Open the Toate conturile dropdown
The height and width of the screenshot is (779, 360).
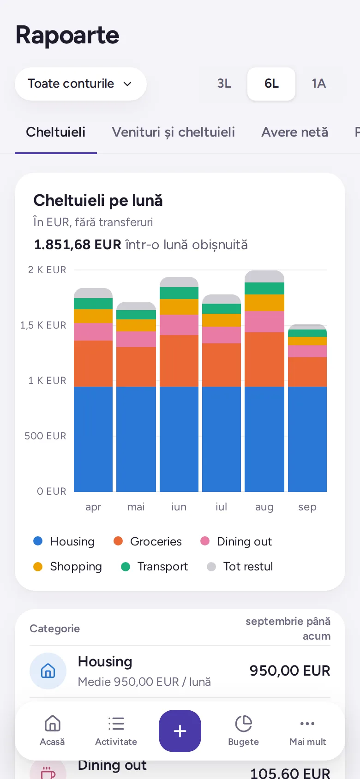(x=80, y=84)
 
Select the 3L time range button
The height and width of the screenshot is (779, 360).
(x=224, y=84)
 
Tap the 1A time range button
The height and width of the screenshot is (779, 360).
(x=318, y=84)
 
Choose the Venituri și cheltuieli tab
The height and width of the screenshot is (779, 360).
(x=173, y=132)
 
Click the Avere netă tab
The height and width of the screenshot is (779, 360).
(x=294, y=132)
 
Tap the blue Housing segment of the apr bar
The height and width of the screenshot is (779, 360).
(x=93, y=439)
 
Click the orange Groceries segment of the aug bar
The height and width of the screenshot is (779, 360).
(x=264, y=359)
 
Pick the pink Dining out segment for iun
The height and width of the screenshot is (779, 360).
(x=179, y=325)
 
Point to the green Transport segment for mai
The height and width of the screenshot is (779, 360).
(x=136, y=315)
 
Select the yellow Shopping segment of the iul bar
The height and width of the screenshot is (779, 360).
(x=222, y=320)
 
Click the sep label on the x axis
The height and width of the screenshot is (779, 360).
(x=307, y=507)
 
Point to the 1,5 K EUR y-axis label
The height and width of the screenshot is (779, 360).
(x=43, y=325)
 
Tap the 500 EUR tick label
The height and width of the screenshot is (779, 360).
(x=45, y=436)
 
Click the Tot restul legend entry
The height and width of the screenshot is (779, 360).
(x=240, y=567)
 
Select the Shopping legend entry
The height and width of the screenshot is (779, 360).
(x=67, y=567)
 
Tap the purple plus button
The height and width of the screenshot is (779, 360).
(x=180, y=731)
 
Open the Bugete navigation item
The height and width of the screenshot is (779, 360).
(x=244, y=731)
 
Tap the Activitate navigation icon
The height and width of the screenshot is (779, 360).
(x=116, y=724)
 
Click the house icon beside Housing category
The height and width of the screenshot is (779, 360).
(x=48, y=671)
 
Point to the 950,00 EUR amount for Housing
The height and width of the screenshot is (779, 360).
(x=290, y=671)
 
